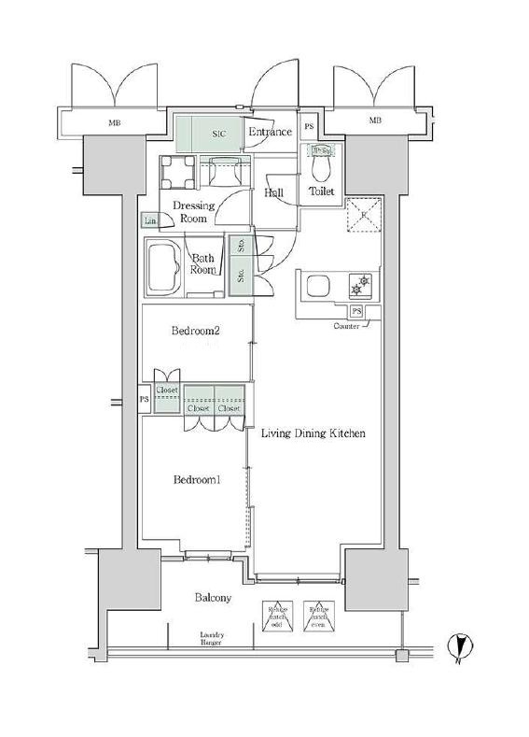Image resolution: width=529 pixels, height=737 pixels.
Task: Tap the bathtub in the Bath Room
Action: coord(167,267)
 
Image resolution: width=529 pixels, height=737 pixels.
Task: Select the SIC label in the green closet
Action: coord(218,135)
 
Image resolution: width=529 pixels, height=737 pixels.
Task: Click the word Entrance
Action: coord(270,133)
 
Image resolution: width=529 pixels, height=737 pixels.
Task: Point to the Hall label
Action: coord(274,193)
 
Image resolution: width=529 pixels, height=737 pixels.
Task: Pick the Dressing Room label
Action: coord(193,212)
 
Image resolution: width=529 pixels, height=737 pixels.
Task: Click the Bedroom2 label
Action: coord(195,331)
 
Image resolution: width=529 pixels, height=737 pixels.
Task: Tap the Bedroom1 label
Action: coord(197,480)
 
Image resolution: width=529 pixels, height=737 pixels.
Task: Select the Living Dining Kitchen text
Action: coord(312,433)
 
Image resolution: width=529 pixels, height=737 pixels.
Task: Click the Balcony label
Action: coord(213,598)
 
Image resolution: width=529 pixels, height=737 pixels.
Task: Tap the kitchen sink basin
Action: coord(315,287)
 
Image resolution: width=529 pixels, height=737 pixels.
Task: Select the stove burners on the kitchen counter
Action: coord(360,282)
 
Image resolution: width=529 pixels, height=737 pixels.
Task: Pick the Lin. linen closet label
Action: coord(149,220)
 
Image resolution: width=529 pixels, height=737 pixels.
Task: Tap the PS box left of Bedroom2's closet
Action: coord(144,400)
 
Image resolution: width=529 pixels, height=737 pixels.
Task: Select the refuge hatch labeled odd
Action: coord(279,614)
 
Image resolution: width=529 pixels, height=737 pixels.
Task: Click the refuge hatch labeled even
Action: coord(319,614)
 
